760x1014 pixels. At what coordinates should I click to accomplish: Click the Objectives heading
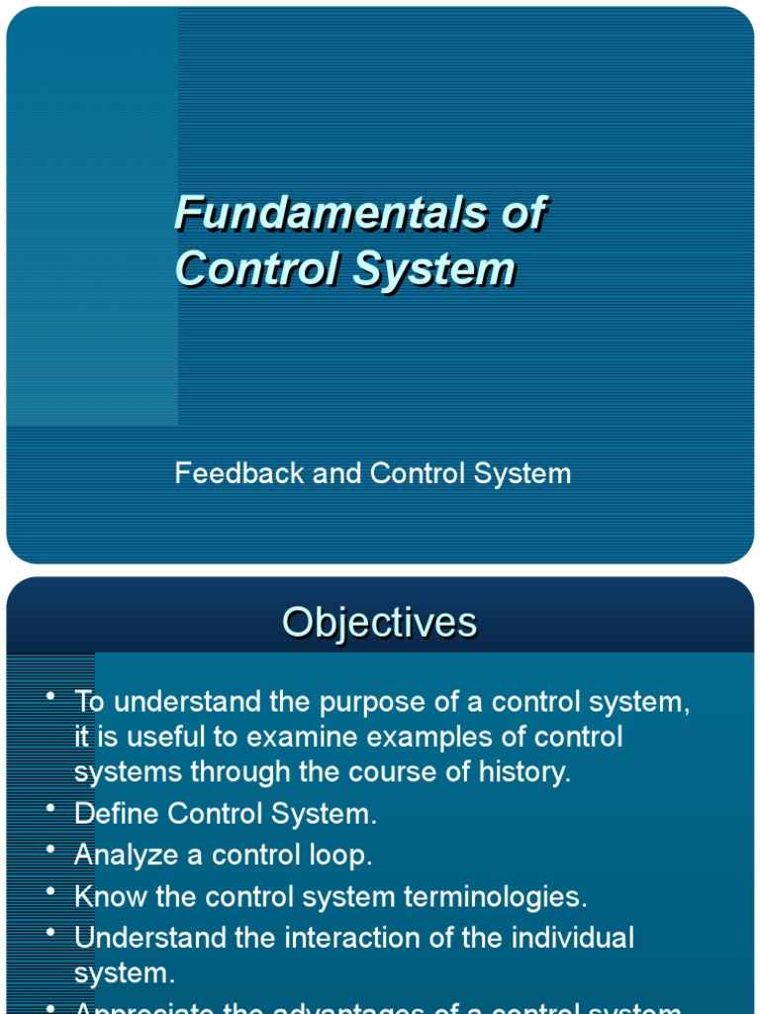click(379, 623)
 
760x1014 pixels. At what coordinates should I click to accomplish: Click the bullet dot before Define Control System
click(49, 809)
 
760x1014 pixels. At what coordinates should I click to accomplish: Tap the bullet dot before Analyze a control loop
click(49, 851)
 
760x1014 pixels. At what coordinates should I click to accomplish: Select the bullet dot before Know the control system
click(49, 892)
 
